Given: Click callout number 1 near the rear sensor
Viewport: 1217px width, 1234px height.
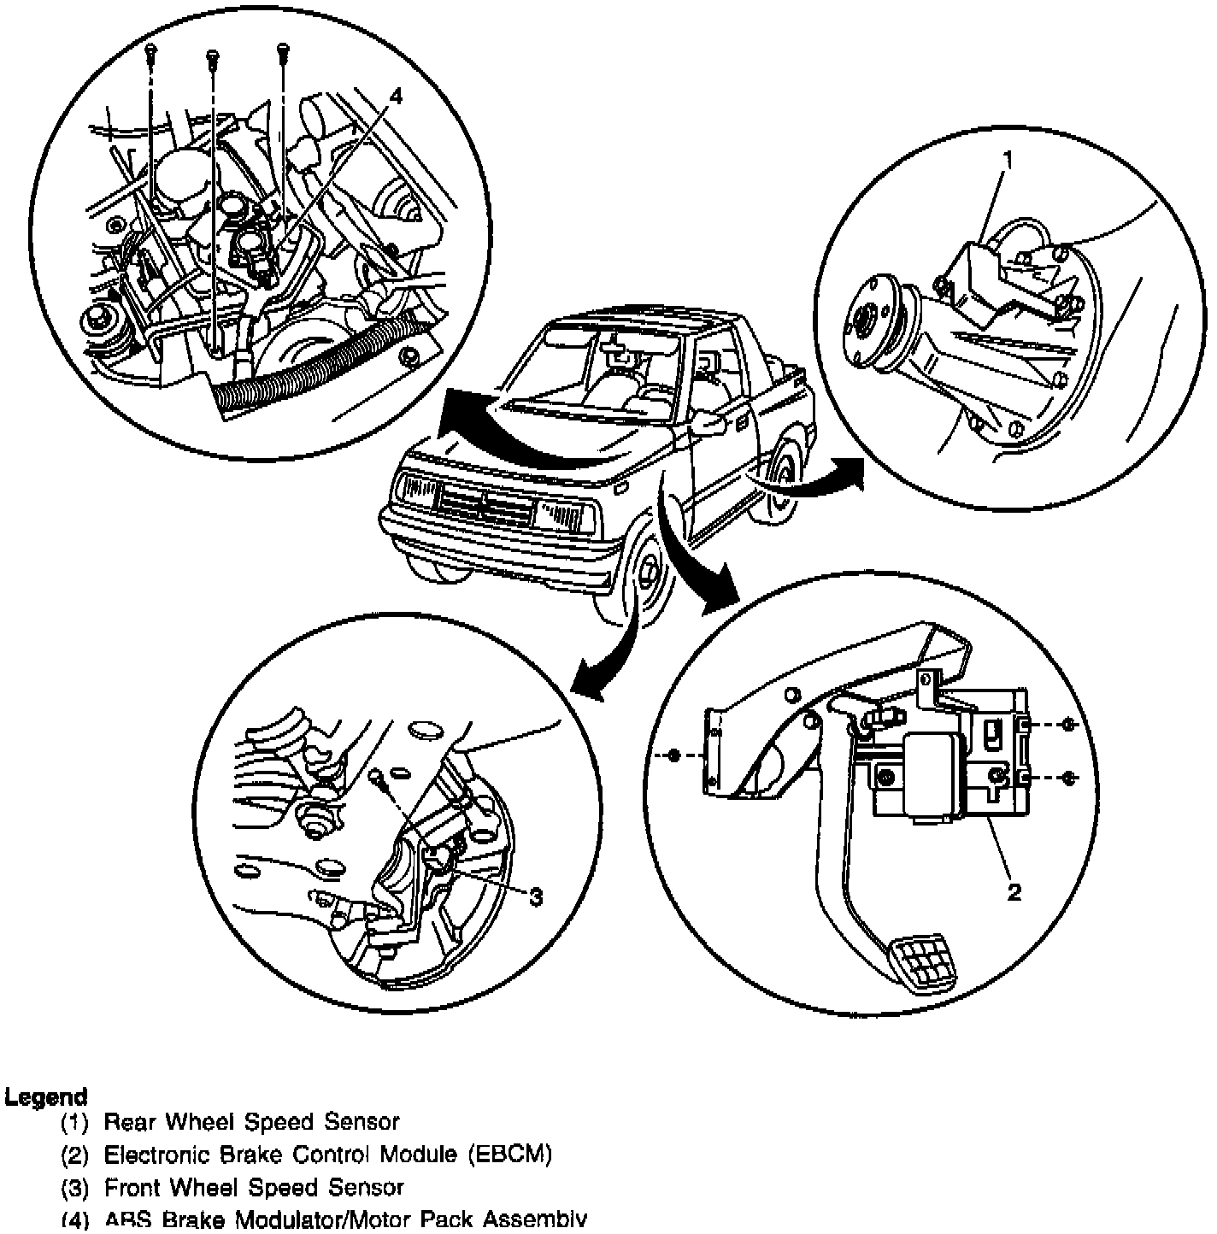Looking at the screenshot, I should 1008,159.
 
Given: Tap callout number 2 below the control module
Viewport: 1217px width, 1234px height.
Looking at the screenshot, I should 1014,892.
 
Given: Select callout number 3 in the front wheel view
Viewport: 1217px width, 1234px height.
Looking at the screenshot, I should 536,896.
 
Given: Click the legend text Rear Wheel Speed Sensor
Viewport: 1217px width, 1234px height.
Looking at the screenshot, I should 251,1121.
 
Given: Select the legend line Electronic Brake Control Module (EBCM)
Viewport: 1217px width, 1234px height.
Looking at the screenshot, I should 328,1155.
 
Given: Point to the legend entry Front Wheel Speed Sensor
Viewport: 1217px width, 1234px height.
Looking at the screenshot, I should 254,1188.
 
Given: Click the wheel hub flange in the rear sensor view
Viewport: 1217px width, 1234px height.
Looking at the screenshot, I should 867,326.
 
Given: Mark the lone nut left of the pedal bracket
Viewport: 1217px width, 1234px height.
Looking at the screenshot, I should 673,755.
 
